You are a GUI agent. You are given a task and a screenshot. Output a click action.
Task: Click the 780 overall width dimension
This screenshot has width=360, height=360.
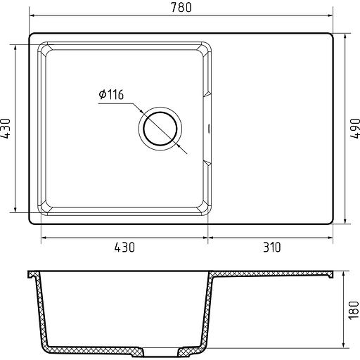click(x=181, y=8)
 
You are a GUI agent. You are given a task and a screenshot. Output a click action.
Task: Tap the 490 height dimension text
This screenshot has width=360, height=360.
click(x=355, y=129)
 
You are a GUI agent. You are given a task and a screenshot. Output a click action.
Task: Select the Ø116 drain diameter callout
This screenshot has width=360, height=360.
click(x=111, y=94)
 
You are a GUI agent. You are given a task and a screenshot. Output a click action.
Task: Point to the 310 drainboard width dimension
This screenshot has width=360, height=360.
click(x=271, y=247)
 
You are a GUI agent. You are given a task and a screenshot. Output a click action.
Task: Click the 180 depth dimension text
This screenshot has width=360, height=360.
click(x=354, y=310)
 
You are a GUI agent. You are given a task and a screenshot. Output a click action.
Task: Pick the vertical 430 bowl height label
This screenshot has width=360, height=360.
click(x=6, y=129)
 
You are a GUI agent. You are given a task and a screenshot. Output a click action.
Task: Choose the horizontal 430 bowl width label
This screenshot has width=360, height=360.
click(x=124, y=247)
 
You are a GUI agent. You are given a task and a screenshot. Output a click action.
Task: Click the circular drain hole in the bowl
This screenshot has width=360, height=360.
click(x=160, y=129)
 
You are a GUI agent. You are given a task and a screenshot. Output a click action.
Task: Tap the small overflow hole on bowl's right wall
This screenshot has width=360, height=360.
click(x=209, y=129)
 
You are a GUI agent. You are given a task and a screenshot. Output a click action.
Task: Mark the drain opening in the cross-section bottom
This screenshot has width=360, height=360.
click(x=160, y=352)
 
